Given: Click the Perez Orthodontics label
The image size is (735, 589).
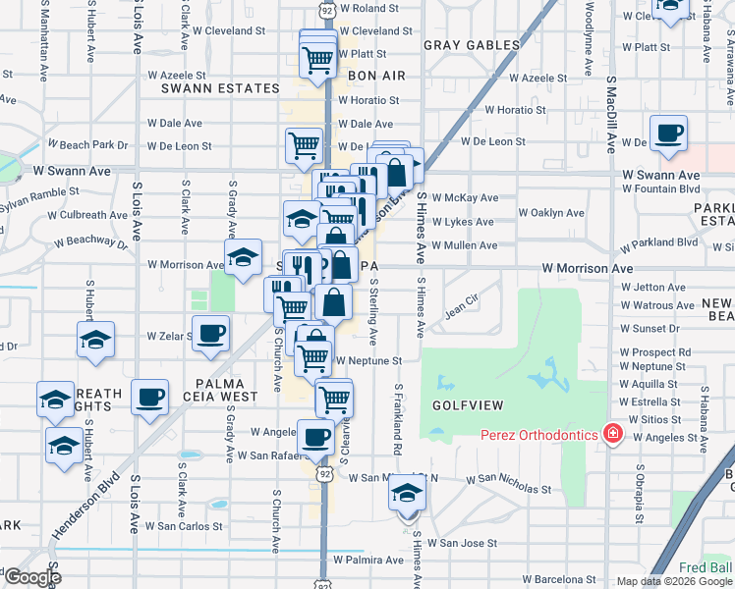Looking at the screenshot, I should [540, 434].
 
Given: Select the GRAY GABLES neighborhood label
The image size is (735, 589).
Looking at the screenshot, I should [472, 45].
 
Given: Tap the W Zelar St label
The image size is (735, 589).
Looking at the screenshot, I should [169, 336].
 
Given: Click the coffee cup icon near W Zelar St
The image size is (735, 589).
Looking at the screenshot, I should [210, 333].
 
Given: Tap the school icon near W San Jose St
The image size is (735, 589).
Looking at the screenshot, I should [406, 496].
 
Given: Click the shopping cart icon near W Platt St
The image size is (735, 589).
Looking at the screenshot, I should [318, 59].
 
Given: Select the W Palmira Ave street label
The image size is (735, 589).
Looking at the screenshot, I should [368, 560].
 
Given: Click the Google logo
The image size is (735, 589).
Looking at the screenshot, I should [31, 577].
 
